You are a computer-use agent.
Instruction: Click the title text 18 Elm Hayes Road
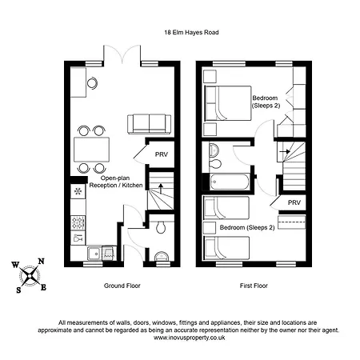tap(179, 32)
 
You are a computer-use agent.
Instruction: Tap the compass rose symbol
tap(30, 274)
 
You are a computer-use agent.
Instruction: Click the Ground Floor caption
tap(121, 286)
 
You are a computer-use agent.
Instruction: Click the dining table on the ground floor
tap(91, 149)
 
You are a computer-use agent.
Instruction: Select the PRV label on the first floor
tap(294, 203)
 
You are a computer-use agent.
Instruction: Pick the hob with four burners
tap(78, 221)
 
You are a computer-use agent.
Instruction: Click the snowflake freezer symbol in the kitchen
tap(78, 192)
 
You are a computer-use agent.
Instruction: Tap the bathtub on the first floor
tap(227, 181)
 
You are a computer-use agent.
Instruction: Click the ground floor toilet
tap(161, 228)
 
